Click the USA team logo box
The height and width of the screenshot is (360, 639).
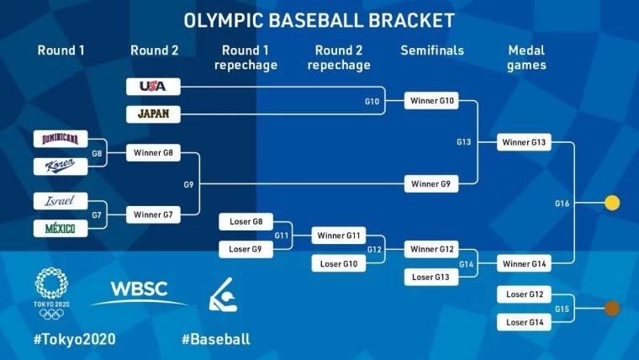click(153, 87)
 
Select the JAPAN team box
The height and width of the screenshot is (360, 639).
click(153, 114)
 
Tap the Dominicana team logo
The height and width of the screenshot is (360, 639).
click(61, 139)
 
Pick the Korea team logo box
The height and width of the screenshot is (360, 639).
click(61, 167)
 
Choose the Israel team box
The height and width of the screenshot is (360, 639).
click(61, 201)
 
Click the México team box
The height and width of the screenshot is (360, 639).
click(61, 228)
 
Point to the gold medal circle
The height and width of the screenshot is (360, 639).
click(612, 203)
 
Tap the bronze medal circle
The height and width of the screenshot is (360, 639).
click(612, 308)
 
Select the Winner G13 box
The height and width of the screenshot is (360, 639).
click(524, 142)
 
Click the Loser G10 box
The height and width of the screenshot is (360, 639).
click(339, 263)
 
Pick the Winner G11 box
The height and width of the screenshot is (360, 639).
click(339, 236)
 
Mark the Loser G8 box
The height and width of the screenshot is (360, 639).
click(246, 222)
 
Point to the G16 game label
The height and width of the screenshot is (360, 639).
click(562, 204)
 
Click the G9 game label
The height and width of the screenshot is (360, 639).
click(188, 185)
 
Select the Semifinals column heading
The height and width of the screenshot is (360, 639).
click(432, 50)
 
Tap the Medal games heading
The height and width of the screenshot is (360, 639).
click(526, 58)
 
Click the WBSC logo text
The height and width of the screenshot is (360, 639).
click(139, 289)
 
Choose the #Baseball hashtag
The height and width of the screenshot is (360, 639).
click(216, 339)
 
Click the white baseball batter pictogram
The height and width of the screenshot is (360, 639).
click(223, 295)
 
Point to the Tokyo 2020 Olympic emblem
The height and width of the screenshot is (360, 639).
click(51, 294)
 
